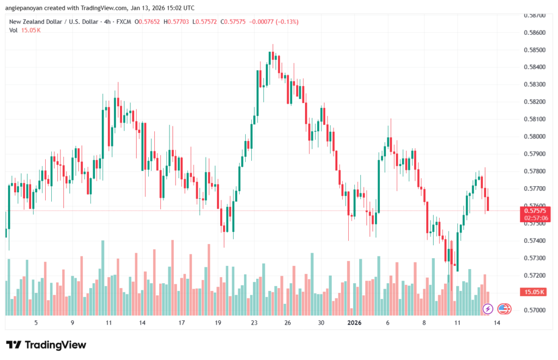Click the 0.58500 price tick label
point(532,50)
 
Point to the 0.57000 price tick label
point(532,310)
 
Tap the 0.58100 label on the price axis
point(532,119)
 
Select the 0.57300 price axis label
point(532,258)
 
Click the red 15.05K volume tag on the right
point(534,292)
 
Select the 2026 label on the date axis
point(355,322)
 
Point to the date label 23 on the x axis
point(254,322)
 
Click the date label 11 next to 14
point(458,322)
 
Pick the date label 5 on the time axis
point(36,322)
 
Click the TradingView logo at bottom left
point(46,345)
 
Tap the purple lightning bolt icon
point(488,309)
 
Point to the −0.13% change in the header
point(288,22)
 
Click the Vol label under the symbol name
point(14,30)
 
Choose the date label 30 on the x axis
point(322,322)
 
